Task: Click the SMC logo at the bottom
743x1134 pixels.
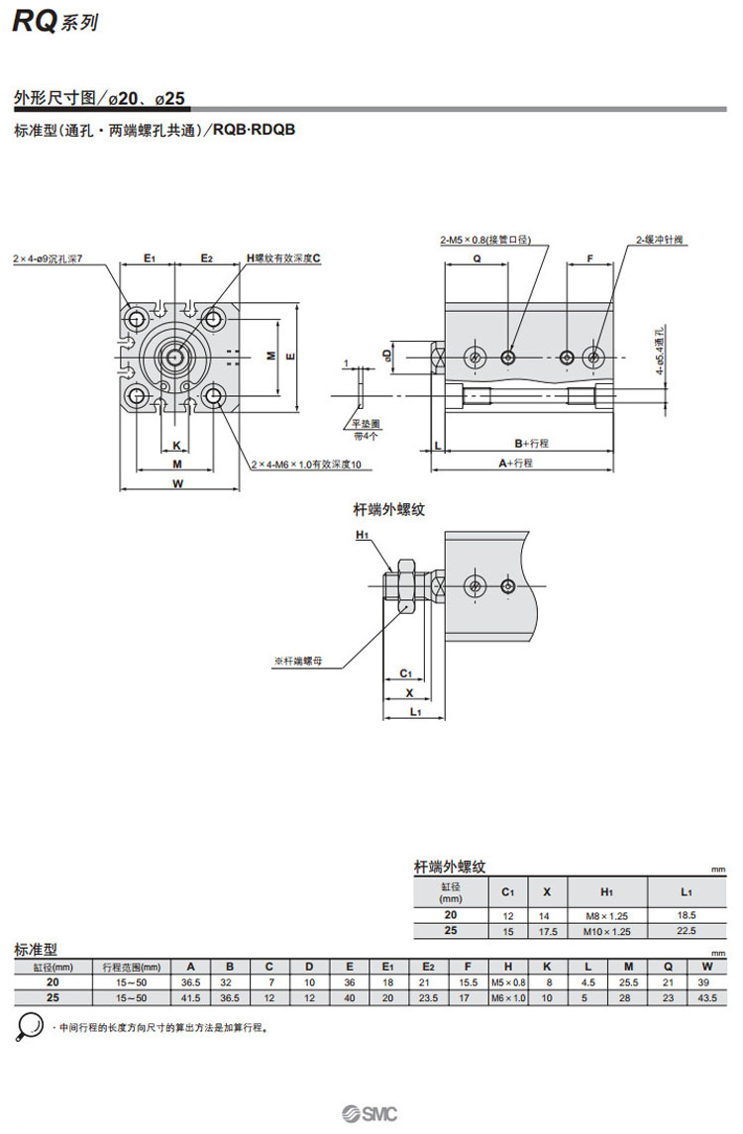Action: pyautogui.click(x=372, y=1114)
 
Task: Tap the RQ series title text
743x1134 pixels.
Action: pyautogui.click(x=54, y=22)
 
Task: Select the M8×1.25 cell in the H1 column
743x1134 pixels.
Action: pyautogui.click(x=607, y=916)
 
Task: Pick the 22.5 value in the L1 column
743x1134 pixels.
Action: pyautogui.click(x=685, y=931)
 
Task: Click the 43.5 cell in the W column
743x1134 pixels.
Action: pyautogui.click(x=706, y=997)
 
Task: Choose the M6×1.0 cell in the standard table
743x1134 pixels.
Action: pyautogui.click(x=507, y=997)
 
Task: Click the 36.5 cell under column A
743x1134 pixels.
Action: pyautogui.click(x=190, y=982)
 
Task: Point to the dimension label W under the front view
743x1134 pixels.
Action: pyautogui.click(x=177, y=484)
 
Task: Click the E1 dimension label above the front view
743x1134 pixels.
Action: pyautogui.click(x=150, y=258)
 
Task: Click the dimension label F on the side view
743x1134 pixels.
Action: pyautogui.click(x=589, y=258)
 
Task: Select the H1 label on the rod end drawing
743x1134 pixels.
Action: pyautogui.click(x=362, y=536)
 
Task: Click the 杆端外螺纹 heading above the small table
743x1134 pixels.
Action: pyautogui.click(x=450, y=867)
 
